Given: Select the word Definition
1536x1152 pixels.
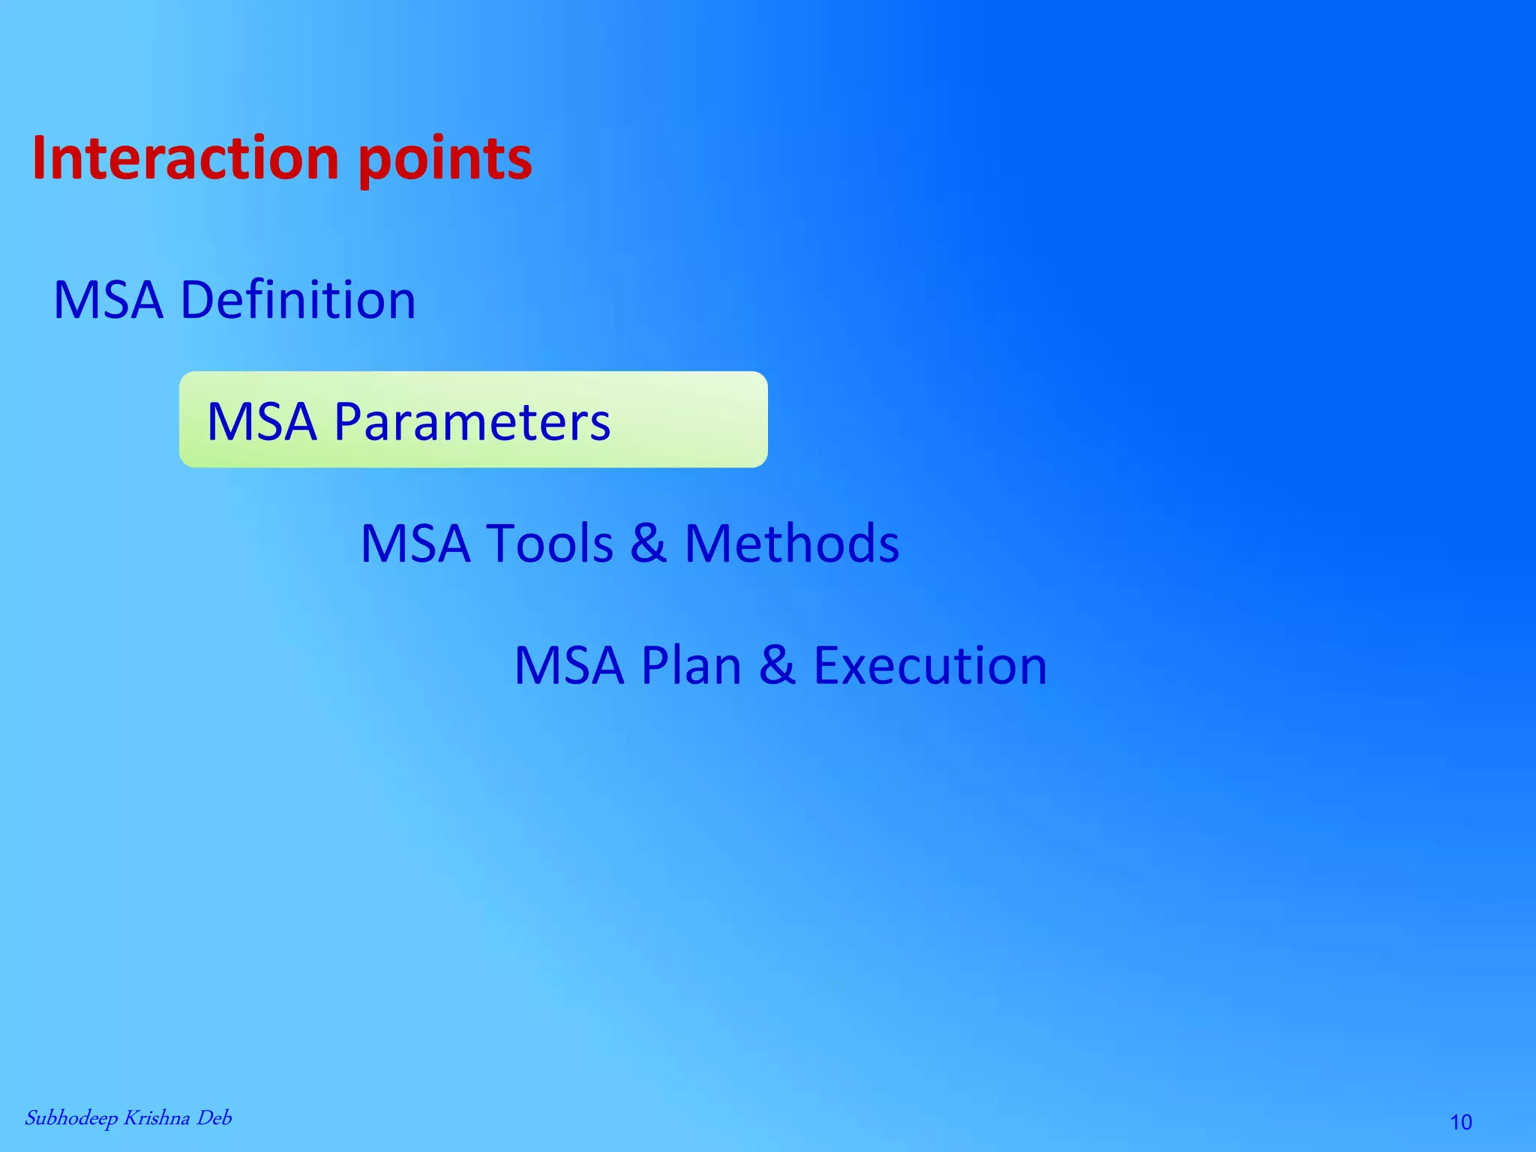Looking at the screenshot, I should [x=298, y=300].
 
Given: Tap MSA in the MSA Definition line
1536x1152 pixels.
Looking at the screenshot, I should [x=109, y=300].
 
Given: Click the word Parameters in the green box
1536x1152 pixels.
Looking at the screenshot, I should [x=472, y=421].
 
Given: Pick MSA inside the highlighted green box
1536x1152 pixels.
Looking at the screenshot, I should [x=262, y=421].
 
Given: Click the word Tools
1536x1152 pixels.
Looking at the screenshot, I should [x=550, y=543].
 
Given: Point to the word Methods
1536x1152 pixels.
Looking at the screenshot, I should [x=791, y=543].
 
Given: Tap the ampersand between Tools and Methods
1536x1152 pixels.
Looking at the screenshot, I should [x=648, y=543].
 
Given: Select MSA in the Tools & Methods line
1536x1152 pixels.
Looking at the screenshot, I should [x=415, y=543].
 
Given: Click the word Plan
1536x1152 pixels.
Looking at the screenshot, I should [x=691, y=665].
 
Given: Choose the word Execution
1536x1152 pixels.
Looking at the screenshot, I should [x=930, y=665].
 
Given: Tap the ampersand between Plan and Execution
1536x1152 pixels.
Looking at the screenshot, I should [x=777, y=665].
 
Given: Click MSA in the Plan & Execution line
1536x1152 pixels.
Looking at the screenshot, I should [x=569, y=665].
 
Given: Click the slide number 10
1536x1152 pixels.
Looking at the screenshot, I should [x=1461, y=1122].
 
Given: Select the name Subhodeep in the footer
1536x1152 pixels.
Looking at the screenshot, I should [x=71, y=1118].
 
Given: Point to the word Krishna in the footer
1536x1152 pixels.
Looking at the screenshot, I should [x=156, y=1117].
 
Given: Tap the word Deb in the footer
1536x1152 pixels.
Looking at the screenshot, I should [x=214, y=1117].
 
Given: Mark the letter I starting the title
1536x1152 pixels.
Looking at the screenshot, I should [x=39, y=158].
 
